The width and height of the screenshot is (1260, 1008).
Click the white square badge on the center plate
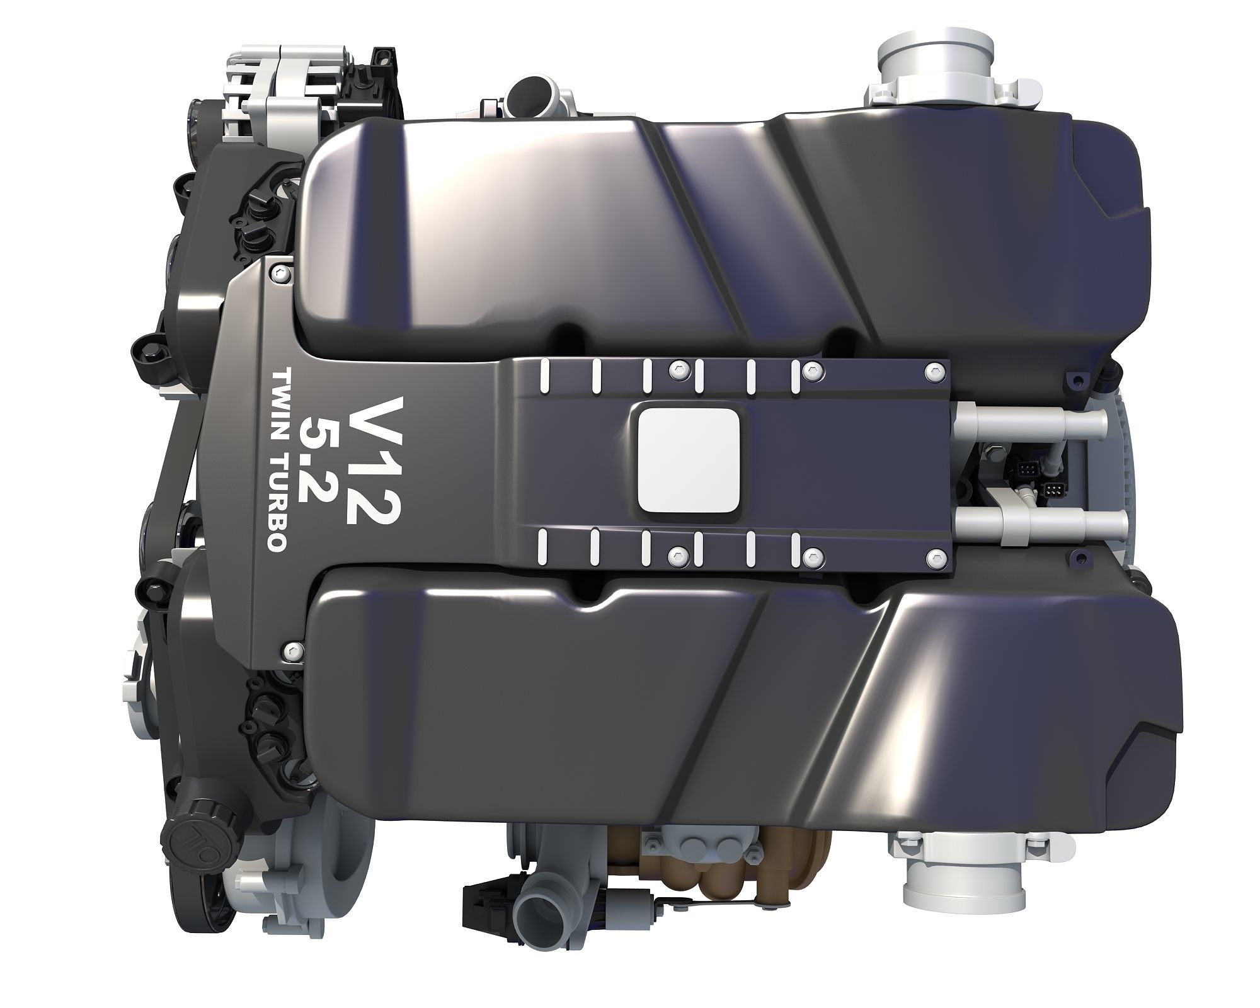(x=688, y=459)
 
